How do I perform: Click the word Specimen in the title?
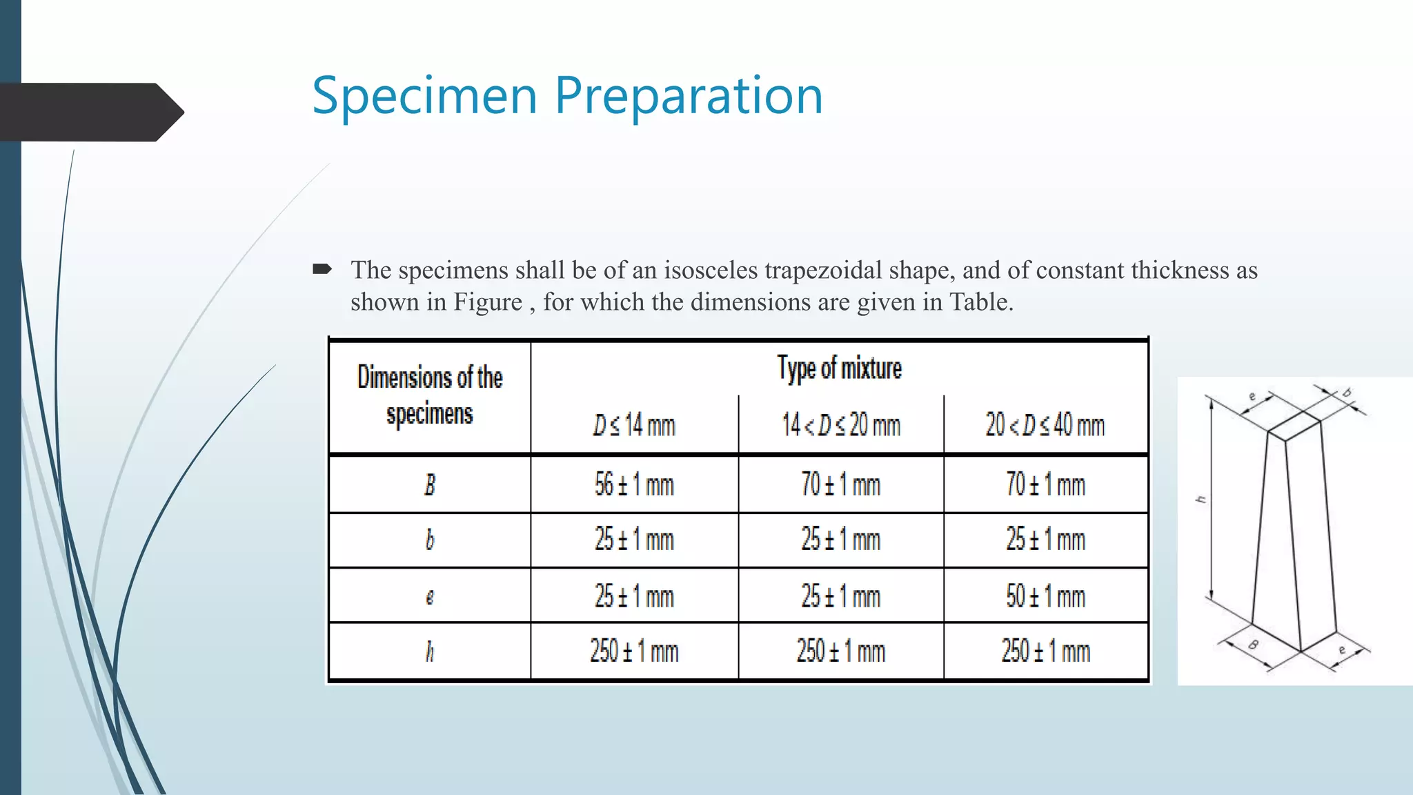(424, 95)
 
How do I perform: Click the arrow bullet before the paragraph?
(322, 268)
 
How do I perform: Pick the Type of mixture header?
(839, 369)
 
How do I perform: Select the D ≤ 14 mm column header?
(633, 424)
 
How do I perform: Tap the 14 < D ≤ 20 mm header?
(840, 424)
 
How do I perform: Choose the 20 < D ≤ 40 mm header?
(1045, 424)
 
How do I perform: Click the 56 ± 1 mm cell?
(633, 484)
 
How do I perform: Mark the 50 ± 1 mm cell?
(1045, 596)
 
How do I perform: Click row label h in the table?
(429, 651)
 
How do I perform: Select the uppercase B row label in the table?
(429, 484)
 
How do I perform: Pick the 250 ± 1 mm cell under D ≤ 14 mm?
(633, 651)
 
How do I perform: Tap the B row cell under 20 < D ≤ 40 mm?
(1045, 484)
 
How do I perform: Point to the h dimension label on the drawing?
(1201, 499)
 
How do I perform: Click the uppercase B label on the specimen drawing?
(1254, 645)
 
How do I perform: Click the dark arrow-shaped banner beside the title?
(90, 112)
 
